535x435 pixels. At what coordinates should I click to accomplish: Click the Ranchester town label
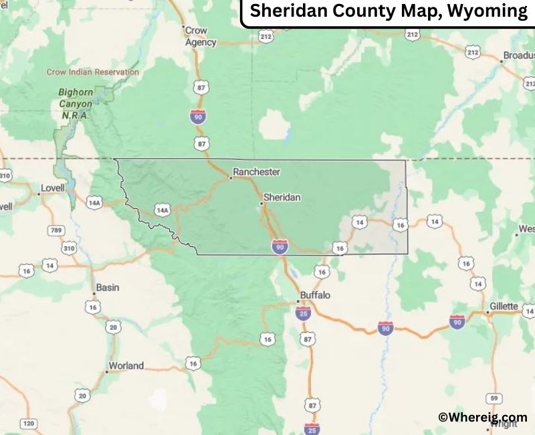point(256,172)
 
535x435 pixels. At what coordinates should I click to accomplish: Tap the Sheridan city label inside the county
point(282,197)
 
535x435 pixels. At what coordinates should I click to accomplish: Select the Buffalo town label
point(315,294)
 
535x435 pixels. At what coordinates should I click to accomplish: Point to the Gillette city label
point(504,307)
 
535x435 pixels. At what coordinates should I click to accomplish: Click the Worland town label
point(126,366)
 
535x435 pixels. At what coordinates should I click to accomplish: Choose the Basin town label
point(107,288)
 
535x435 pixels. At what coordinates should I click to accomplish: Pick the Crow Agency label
point(200,36)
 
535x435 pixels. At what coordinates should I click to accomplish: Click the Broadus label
point(520,56)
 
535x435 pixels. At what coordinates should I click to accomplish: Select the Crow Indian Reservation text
point(93,72)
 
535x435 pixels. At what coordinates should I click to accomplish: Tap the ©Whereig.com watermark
point(482,417)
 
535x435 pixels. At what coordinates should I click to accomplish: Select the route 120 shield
point(29,424)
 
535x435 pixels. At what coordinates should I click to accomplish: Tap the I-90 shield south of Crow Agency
point(198,116)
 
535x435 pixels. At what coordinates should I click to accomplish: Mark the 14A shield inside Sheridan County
point(162,210)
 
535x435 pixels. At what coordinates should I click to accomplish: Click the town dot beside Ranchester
point(231,177)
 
